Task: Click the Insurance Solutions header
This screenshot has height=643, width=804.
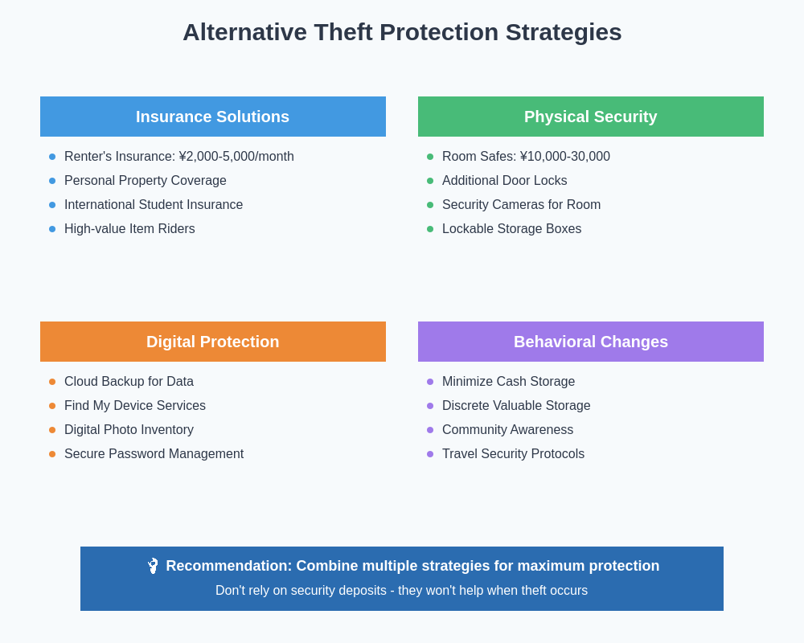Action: tap(212, 117)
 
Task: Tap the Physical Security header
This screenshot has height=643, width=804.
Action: tap(590, 117)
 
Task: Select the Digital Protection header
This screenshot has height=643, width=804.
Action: tap(212, 342)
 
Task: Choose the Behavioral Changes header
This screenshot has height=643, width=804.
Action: tap(590, 342)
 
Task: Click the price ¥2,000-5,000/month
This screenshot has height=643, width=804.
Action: tap(236, 157)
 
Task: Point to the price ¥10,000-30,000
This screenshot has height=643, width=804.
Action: tap(565, 157)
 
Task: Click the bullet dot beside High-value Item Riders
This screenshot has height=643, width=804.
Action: tap(52, 229)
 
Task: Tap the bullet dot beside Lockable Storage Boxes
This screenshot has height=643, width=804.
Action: tap(430, 229)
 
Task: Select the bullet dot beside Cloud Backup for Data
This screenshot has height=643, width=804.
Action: tap(52, 382)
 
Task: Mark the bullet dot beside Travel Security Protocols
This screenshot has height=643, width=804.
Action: tap(430, 454)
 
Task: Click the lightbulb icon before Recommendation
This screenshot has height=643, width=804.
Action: tap(153, 566)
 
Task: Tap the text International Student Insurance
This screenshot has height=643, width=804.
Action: tap(154, 205)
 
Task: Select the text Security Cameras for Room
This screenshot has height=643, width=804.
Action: tap(521, 205)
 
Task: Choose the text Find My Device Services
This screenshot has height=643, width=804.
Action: tap(135, 406)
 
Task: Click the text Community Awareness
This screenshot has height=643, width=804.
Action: tap(507, 430)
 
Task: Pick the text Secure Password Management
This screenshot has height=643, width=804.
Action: tap(154, 454)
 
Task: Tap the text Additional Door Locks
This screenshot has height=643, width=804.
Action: tap(504, 181)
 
